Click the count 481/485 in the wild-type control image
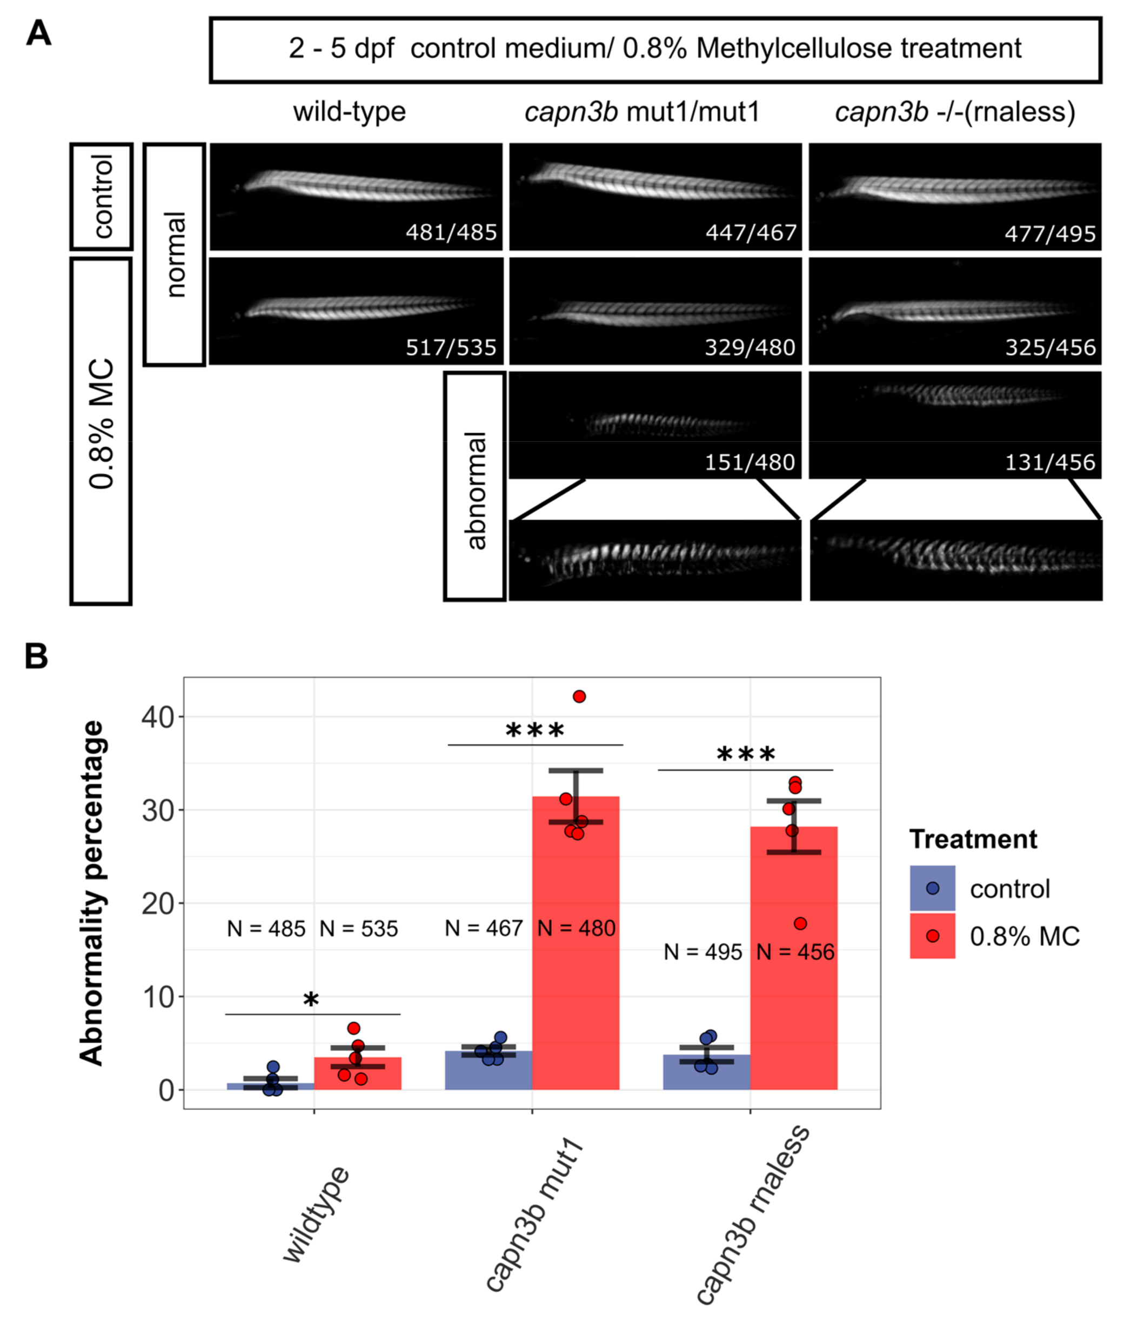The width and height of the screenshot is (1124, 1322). tap(451, 232)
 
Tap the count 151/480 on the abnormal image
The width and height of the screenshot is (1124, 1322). tap(750, 462)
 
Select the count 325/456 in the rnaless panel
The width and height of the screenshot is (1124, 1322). tap(1050, 347)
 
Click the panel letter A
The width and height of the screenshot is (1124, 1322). tap(38, 33)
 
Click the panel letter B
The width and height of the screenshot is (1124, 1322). tap(36, 656)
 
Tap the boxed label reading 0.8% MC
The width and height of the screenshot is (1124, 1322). tap(101, 424)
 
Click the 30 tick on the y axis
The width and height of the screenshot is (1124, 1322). tap(157, 810)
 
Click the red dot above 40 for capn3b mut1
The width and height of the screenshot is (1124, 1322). tap(579, 696)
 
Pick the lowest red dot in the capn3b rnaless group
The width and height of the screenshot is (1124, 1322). tap(800, 923)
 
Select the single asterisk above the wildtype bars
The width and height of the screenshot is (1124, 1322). tap(311, 1000)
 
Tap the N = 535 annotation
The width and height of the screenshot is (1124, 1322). tap(359, 929)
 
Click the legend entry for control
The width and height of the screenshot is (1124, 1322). tap(1009, 889)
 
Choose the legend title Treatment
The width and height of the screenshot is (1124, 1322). tap(973, 839)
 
